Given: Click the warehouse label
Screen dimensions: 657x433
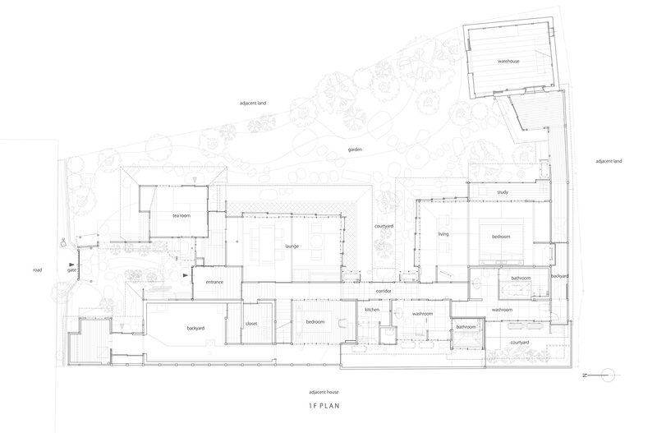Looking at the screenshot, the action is (x=508, y=61).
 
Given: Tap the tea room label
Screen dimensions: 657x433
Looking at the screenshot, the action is (x=181, y=215).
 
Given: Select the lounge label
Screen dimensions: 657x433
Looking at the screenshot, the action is (x=292, y=246).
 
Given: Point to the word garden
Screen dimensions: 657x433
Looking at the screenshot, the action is (x=355, y=150).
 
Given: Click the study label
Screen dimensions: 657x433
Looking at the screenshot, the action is (x=503, y=192).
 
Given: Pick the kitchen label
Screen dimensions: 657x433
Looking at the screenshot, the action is (x=372, y=310).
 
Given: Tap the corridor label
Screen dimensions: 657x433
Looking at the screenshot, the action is (x=384, y=291).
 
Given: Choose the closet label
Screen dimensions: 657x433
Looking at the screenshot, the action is (x=251, y=324).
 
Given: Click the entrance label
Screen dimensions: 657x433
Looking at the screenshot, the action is (x=214, y=282).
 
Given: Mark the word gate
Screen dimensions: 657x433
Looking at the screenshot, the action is (x=71, y=270).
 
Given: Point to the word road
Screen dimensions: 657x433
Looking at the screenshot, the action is (x=37, y=270).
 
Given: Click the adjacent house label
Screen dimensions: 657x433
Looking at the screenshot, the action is (x=324, y=393).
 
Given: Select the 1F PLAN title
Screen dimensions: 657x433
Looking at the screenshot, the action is (x=324, y=406).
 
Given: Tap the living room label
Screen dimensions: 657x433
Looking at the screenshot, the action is (x=443, y=234).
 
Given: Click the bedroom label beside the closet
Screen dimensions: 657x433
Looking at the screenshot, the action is (x=315, y=322).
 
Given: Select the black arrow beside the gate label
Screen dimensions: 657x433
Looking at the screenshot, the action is (x=71, y=265).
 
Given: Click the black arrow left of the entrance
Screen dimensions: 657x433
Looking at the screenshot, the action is (x=186, y=275).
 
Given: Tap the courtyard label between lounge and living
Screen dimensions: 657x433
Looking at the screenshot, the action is (x=384, y=226).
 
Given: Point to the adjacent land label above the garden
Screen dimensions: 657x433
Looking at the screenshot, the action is (x=253, y=104).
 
